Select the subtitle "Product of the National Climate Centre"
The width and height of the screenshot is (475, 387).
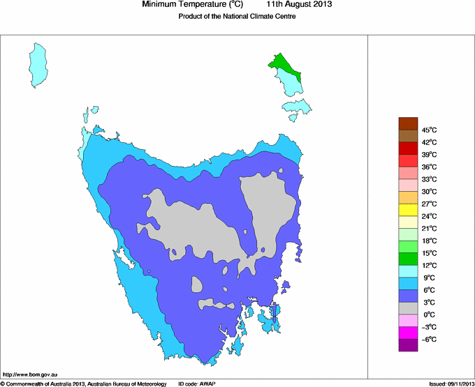click(x=237, y=17)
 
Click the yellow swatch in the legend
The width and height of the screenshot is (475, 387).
click(x=408, y=210)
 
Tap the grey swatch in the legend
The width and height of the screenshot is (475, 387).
click(x=408, y=308)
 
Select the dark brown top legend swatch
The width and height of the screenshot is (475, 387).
click(x=408, y=123)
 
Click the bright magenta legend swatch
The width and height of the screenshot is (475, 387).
click(x=408, y=333)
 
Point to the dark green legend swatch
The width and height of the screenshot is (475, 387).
click(x=408, y=259)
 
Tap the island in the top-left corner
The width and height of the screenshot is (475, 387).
click(x=41, y=65)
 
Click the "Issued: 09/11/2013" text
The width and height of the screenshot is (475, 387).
click(x=451, y=384)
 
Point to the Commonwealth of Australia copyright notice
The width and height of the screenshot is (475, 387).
click(x=84, y=384)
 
